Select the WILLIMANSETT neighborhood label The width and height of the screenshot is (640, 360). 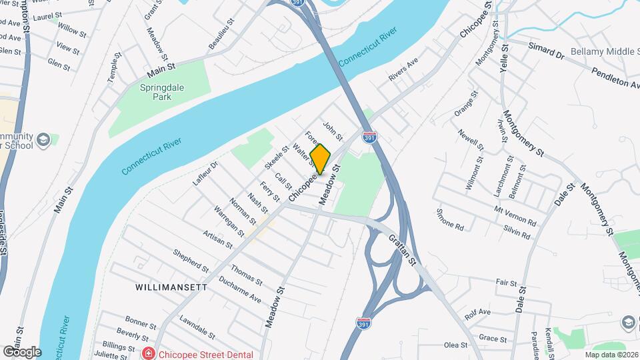[x=171, y=287]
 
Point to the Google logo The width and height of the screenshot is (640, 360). [x=21, y=351]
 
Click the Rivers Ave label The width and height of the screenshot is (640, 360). [x=403, y=70]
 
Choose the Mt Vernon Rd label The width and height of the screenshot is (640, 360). [x=515, y=215]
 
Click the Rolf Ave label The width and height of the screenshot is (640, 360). [x=477, y=312]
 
